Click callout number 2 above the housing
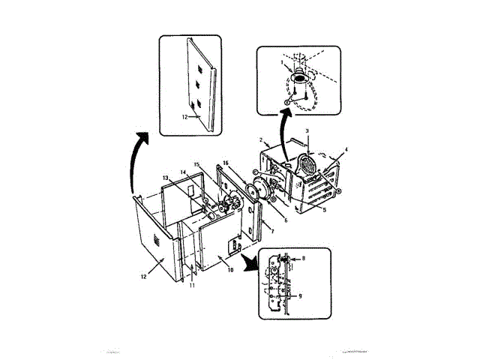(x=259, y=140)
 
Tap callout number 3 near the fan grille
(x=307, y=131)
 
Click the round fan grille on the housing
(x=308, y=164)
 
